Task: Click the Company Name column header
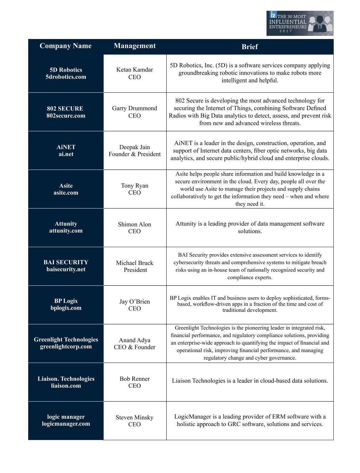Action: coord(66,46)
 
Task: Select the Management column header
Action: coord(135,46)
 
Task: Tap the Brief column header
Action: coord(250,47)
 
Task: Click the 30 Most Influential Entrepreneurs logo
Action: coord(300,23)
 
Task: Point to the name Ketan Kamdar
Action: coord(135,70)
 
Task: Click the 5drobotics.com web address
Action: coord(66,77)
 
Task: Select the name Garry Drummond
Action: coord(135,108)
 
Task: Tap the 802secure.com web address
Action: coord(66,116)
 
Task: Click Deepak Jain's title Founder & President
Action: coord(135,154)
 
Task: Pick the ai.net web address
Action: coord(66,154)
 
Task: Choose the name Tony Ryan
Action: coord(135,186)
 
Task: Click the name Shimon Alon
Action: coord(135,225)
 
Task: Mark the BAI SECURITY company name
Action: coord(66,262)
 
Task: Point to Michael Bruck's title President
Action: coord(135,270)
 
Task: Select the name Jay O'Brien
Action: coord(135,302)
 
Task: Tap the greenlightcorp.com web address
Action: coord(66,347)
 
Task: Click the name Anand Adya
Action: coord(135,340)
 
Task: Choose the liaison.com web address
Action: coord(66,386)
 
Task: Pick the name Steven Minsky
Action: coord(135,417)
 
